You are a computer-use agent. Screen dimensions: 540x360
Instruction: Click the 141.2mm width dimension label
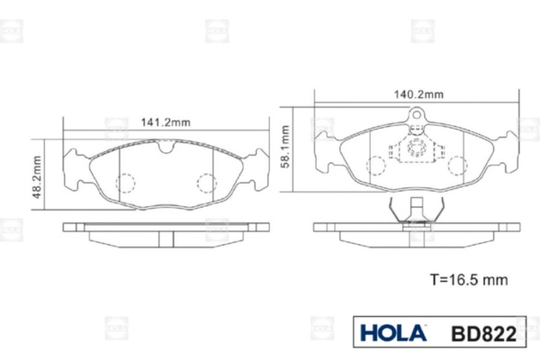tap(166, 122)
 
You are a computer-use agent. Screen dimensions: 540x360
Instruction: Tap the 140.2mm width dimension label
tap(418, 94)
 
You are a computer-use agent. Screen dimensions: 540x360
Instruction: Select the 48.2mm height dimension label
tap(37, 177)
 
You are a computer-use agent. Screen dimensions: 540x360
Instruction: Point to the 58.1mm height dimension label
tap(285, 147)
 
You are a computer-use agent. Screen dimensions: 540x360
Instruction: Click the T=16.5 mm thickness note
tap(469, 280)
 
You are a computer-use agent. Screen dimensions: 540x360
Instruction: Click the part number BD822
tap(484, 334)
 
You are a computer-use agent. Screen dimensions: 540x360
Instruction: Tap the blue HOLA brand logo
tap(393, 333)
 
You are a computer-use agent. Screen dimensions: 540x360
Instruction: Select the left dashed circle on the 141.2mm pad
tap(125, 183)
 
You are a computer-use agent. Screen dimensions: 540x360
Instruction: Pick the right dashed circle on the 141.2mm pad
tap(207, 183)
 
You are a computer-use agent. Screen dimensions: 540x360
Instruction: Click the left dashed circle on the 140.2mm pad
tap(375, 166)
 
